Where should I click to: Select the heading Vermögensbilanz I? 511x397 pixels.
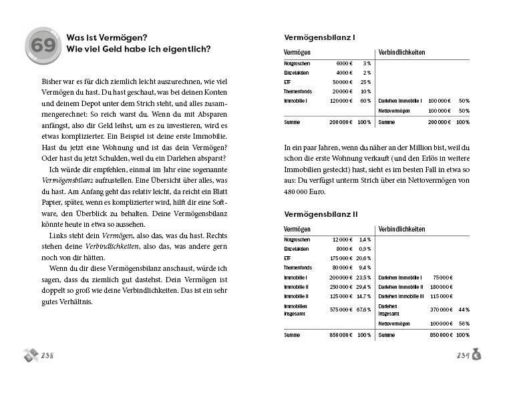pyautogui.click(x=320, y=37)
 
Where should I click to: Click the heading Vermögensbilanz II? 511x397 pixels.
pyautogui.click(x=321, y=214)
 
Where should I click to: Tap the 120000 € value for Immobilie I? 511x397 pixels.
pyautogui.click(x=341, y=101)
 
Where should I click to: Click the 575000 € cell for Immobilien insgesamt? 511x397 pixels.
pyautogui.click(x=343, y=310)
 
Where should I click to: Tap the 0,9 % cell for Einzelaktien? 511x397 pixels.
pyautogui.click(x=364, y=248)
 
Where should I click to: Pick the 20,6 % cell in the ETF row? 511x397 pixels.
pyautogui.click(x=363, y=258)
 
